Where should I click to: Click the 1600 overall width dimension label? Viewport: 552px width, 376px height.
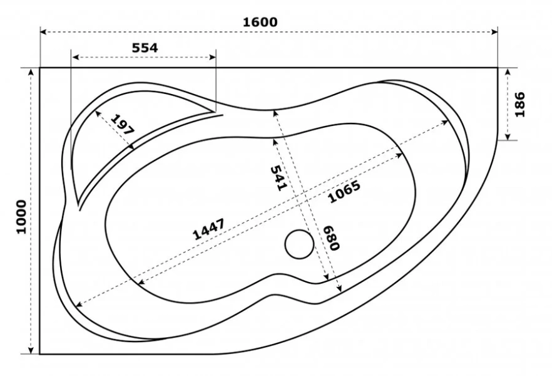(260, 22)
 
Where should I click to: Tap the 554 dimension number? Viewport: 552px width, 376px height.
(145, 48)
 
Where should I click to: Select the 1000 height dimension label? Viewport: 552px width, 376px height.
(22, 217)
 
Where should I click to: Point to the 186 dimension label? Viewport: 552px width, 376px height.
(519, 104)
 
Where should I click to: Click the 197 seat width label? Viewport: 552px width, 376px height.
(122, 125)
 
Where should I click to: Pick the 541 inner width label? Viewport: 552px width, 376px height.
(279, 179)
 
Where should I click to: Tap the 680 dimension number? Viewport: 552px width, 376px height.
(331, 238)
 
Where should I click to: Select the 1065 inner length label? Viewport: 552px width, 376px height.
(344, 192)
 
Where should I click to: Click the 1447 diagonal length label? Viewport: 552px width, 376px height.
(208, 229)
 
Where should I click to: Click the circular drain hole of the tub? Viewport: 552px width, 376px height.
(299, 244)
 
